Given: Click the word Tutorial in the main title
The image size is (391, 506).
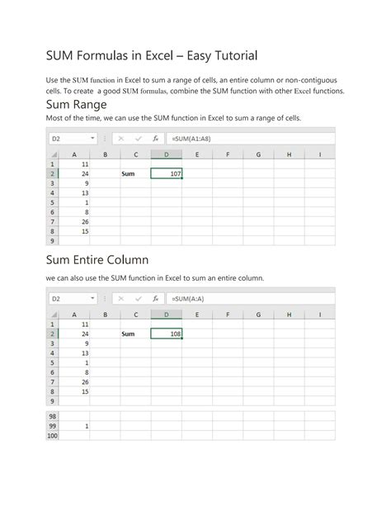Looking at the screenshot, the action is tap(231, 55).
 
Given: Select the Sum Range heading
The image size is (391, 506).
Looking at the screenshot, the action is tap(77, 106).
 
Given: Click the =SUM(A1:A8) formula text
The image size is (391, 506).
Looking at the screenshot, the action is tap(191, 139).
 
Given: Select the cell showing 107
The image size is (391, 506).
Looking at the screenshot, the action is tap(167, 174).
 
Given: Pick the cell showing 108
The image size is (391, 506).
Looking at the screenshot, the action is tap(167, 334).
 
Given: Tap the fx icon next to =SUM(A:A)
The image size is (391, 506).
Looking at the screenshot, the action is tap(155, 299).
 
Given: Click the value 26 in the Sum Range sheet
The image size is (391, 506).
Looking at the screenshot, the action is tap(85, 222).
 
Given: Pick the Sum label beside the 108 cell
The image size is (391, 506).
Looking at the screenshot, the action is tap(128, 334).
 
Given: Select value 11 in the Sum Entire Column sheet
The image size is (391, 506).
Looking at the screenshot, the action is tap(85, 324).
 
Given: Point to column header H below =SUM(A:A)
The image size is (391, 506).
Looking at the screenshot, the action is tap(289, 314).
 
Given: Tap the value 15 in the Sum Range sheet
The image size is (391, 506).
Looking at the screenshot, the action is tap(85, 231).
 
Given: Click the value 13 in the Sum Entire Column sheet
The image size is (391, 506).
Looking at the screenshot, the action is tap(85, 352).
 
